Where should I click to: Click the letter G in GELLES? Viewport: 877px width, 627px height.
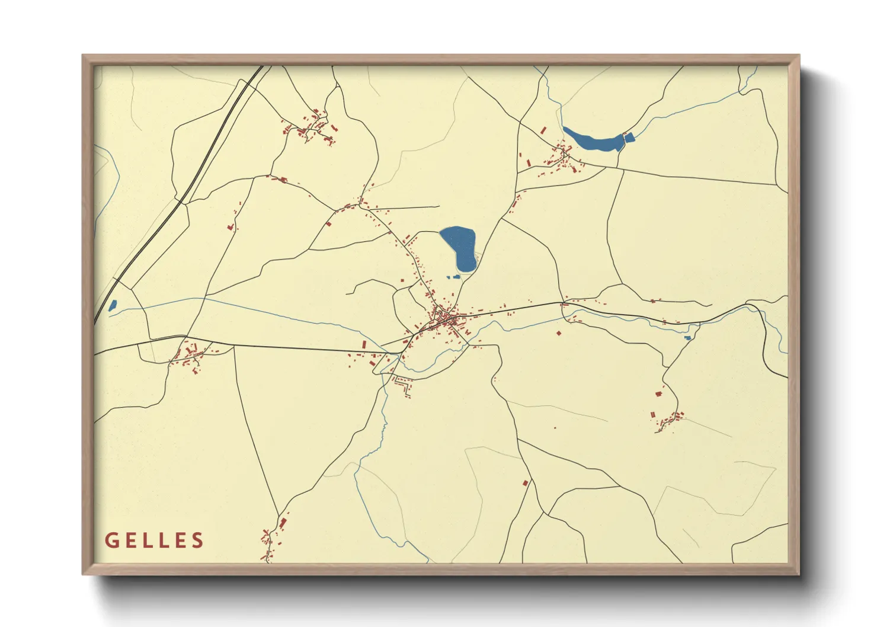point(111,540)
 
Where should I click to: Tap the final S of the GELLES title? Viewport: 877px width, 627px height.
point(198,540)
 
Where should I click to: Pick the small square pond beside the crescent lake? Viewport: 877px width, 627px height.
point(629,137)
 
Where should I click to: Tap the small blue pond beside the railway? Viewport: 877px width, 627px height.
point(112,305)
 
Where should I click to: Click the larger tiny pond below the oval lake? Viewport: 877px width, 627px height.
point(456,276)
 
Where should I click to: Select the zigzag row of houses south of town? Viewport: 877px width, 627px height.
point(404,387)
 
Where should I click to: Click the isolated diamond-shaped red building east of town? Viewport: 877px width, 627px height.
point(558,333)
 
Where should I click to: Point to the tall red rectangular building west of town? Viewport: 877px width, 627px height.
point(364,344)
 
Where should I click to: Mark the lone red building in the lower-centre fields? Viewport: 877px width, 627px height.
point(524,484)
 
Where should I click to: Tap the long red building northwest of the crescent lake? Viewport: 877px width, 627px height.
point(543,130)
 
